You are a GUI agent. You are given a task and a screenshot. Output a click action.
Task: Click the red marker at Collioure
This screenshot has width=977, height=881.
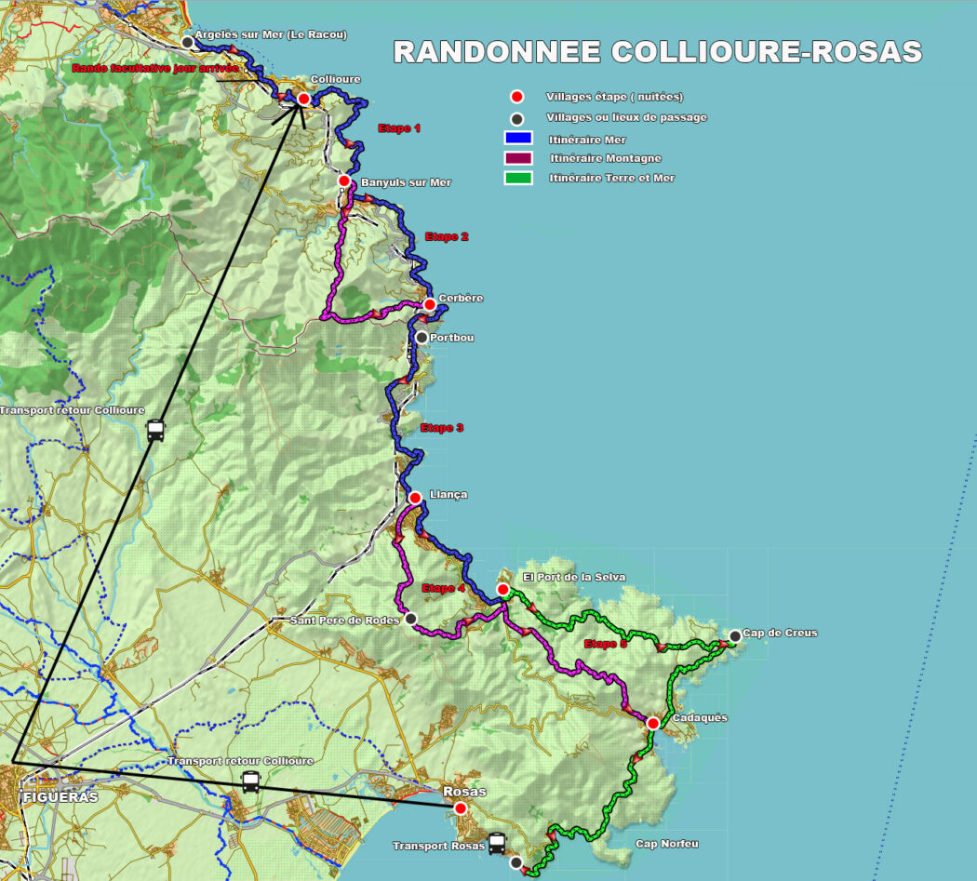pyautogui.click(x=303, y=99)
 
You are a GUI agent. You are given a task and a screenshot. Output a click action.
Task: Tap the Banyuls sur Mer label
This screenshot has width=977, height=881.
pyautogui.click(x=406, y=182)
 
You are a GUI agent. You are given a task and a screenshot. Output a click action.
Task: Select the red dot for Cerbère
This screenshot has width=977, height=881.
pyautogui.click(x=429, y=304)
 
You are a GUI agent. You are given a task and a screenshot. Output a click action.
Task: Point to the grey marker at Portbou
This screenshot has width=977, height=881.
pyautogui.click(x=422, y=338)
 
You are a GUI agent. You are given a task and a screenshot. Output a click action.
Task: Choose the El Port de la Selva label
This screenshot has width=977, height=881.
pyautogui.click(x=574, y=577)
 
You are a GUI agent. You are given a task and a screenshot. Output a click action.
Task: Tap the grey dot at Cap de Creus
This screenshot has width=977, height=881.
pyautogui.click(x=735, y=636)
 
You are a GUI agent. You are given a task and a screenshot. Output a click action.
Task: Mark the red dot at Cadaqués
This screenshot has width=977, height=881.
pyautogui.click(x=653, y=723)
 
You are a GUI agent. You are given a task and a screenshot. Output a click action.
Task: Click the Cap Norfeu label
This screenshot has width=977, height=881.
pyautogui.click(x=666, y=844)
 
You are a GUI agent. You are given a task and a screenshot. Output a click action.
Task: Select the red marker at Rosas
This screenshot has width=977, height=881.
pyautogui.click(x=461, y=808)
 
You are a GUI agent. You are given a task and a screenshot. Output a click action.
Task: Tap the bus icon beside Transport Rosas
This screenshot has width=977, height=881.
pyautogui.click(x=497, y=844)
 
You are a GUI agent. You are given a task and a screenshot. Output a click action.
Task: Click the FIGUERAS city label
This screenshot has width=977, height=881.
pyautogui.click(x=60, y=797)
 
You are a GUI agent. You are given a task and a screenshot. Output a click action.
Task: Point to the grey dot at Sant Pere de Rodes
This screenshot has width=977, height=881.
pyautogui.click(x=410, y=619)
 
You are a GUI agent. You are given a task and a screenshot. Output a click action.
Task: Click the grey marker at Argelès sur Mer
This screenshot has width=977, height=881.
pyautogui.click(x=188, y=42)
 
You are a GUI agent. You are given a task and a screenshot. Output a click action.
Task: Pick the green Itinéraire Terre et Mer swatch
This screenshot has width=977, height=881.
pyautogui.click(x=517, y=178)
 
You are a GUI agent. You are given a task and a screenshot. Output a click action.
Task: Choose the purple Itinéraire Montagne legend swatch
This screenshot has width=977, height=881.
pyautogui.click(x=517, y=158)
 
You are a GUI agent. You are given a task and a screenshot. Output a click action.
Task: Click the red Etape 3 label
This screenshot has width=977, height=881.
pyautogui.click(x=442, y=428)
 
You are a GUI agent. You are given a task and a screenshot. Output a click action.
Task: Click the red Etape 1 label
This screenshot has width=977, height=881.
pyautogui.click(x=399, y=128)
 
